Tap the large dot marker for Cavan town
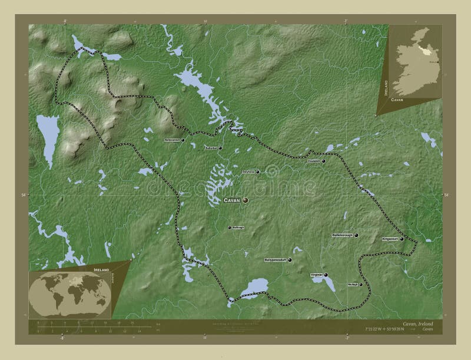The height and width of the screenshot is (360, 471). pos(246,201)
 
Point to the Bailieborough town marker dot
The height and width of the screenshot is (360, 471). pos(356,235)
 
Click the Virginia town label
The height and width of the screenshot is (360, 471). pos(316,275)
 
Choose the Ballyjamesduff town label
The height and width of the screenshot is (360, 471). pos(278,259)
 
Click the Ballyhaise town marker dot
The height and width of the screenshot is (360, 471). pos(257,172)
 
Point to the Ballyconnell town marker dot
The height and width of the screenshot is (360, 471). pos(184,141)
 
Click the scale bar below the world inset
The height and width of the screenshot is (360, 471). pos(88,325)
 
